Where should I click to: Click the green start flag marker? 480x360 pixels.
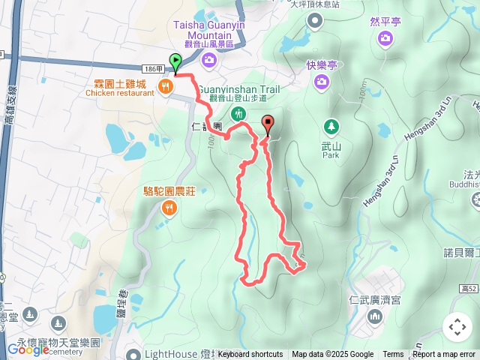pyautogui.click(x=175, y=61)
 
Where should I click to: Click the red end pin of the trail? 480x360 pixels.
pyautogui.click(x=268, y=124)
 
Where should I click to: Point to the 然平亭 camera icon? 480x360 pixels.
pyautogui.click(x=385, y=38)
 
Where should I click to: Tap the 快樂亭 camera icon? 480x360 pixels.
pyautogui.click(x=322, y=80)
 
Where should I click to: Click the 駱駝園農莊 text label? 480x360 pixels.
pyautogui.click(x=169, y=191)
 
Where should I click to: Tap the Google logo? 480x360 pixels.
pyautogui.click(x=28, y=349)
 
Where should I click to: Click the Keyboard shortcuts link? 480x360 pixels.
pyautogui.click(x=250, y=355)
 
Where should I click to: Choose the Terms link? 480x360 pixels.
pyautogui.click(x=393, y=355)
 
